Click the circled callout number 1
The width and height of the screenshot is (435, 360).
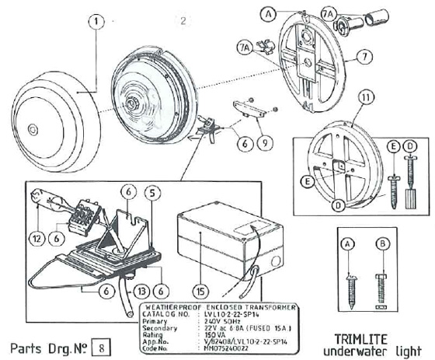tap(94, 23)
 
